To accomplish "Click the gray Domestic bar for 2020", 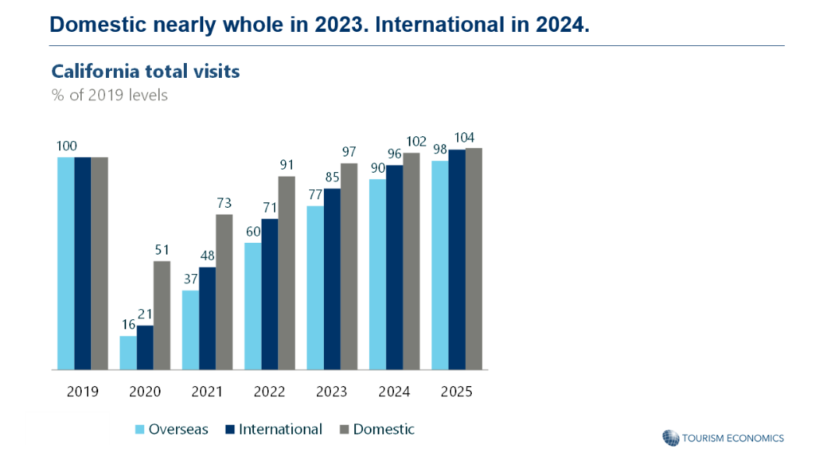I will click(161, 315).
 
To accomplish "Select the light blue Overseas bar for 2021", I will click(191, 330).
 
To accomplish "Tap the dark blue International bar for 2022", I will click(270, 294).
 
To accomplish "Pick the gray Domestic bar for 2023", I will click(349, 266).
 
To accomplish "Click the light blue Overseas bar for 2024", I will click(378, 275).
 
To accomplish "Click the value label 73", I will click(223, 203).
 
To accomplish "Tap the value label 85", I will click(333, 177).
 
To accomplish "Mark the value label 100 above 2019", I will click(67, 146).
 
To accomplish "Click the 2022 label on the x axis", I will click(269, 392).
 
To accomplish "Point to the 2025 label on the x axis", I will click(456, 392).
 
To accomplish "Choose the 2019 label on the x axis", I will click(83, 392).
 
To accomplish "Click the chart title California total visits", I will click(146, 72).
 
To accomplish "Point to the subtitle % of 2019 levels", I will click(110, 96).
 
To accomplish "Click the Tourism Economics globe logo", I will click(670, 437).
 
